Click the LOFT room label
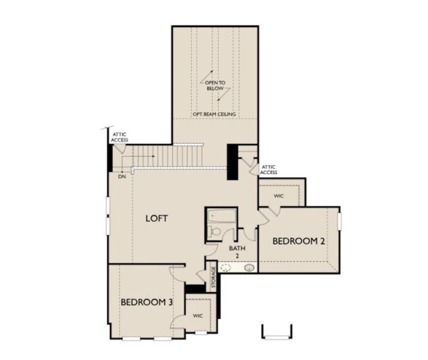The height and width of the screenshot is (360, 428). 157,218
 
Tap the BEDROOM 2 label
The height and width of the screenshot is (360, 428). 298,241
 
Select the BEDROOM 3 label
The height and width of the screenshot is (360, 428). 147,302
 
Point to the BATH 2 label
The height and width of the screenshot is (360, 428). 237,252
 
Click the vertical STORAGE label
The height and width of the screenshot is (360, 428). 213,277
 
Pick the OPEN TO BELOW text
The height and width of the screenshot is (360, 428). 215,85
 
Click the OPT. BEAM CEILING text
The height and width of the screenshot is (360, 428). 214,114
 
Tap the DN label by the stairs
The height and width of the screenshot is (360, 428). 122,176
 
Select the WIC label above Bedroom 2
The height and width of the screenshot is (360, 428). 279,196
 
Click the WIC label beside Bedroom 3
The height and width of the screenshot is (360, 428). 197,316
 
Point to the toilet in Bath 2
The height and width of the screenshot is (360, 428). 214,232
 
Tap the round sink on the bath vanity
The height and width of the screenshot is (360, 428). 249,268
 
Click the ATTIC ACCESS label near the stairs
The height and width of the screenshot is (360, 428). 119,137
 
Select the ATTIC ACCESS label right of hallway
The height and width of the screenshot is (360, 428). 268,170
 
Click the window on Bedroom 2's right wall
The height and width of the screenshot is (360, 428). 340,221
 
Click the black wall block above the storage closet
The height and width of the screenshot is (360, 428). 195,289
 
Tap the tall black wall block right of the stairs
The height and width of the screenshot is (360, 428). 232,162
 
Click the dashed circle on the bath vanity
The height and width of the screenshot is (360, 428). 226,268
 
